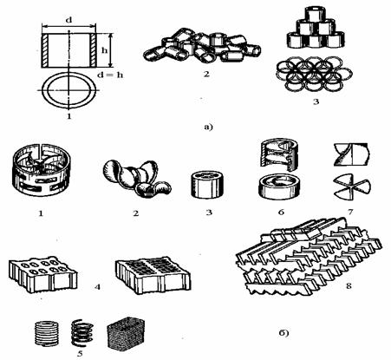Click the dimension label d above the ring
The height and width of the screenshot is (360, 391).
(68, 20)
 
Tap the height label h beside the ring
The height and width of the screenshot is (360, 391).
(104, 50)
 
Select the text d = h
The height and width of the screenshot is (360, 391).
(110, 75)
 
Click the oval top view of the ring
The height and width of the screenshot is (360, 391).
(68, 90)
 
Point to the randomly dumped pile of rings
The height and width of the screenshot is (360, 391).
(201, 46)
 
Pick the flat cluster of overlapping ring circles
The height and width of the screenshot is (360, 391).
(315, 72)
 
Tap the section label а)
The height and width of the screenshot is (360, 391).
(208, 127)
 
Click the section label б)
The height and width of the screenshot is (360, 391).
(283, 333)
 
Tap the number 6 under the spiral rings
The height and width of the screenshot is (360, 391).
(281, 212)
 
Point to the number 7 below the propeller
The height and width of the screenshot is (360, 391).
(350, 212)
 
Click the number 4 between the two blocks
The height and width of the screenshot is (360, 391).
(97, 287)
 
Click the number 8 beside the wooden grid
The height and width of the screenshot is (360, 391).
(349, 286)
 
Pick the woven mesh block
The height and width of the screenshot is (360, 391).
(126, 333)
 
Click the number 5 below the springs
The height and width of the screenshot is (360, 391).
(80, 353)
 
